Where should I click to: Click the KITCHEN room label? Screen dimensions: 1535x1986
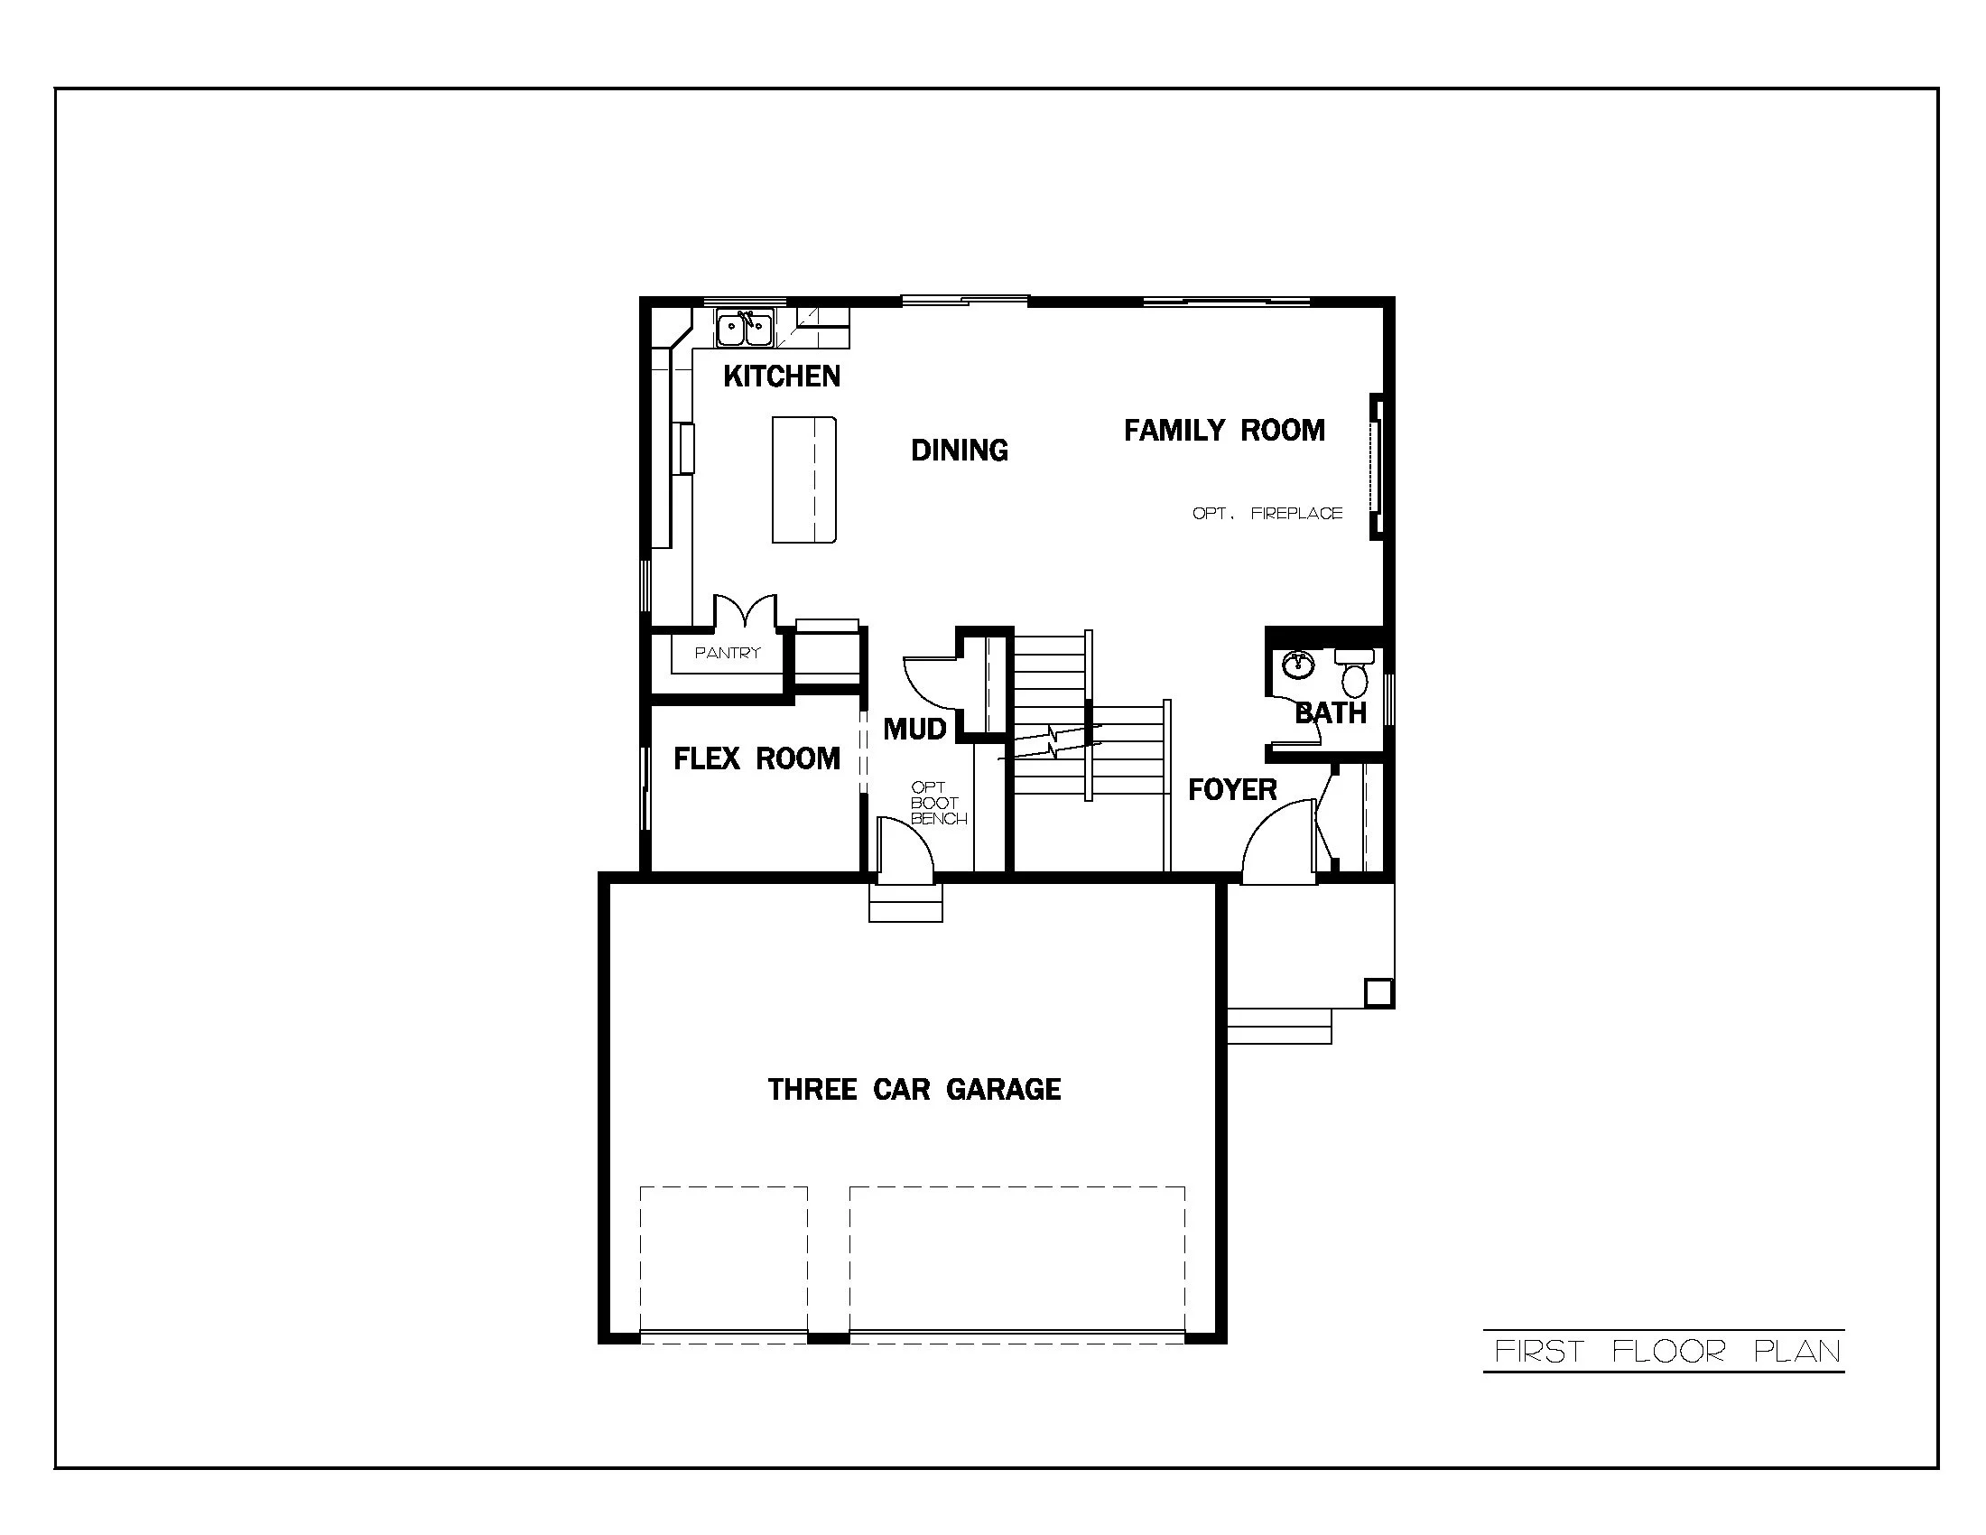pos(781,376)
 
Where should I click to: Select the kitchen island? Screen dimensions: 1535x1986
pos(803,479)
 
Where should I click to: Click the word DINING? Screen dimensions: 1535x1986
pos(960,451)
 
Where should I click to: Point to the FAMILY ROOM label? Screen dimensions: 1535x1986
pos(1224,430)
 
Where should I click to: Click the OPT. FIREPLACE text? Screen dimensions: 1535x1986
pos(1267,513)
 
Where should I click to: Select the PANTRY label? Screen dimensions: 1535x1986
pos(727,653)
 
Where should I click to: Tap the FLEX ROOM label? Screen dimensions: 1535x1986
pos(756,758)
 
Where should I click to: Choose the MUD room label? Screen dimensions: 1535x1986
pos(914,729)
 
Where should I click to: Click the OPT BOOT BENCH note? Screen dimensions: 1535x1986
pos(938,803)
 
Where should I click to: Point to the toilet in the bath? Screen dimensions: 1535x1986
pos(1355,674)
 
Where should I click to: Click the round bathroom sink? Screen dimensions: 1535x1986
pos(1298,665)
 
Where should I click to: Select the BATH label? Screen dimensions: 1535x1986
pos(1331,713)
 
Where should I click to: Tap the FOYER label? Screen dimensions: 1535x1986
pos(1232,789)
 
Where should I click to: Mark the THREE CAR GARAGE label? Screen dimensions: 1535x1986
pos(914,1090)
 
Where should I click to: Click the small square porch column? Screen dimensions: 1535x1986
pos(1378,992)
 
